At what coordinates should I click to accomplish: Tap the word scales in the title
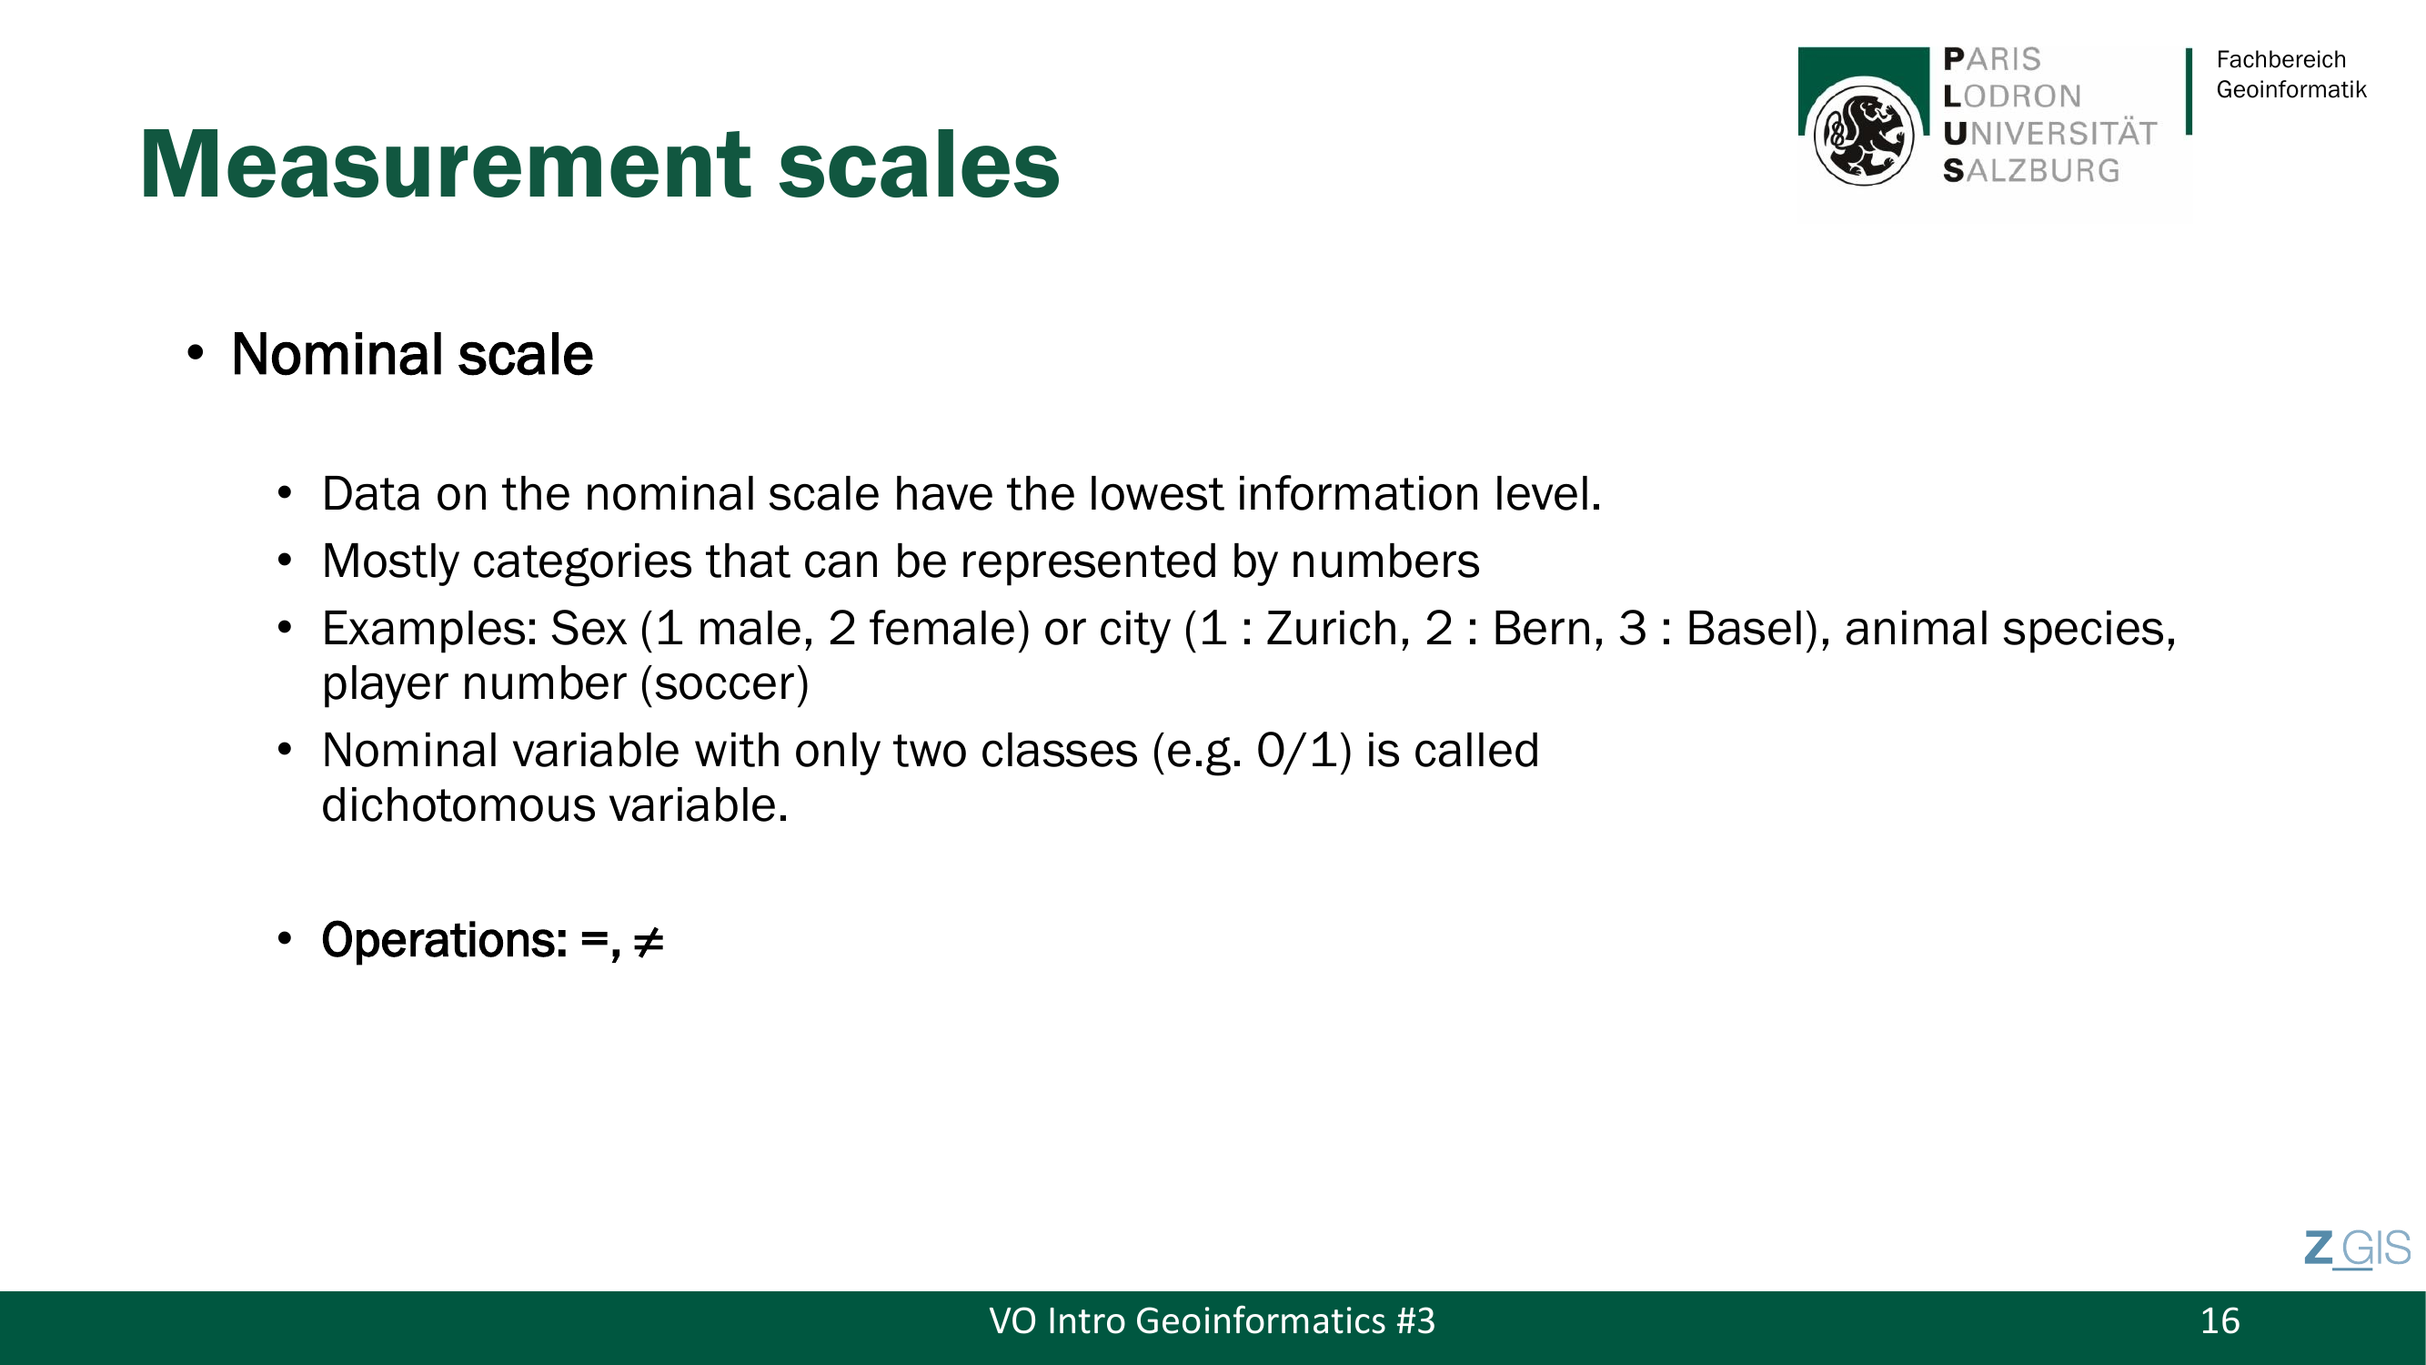[919, 166]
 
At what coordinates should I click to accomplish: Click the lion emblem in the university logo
[1863, 132]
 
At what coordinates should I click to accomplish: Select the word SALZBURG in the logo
[2030, 170]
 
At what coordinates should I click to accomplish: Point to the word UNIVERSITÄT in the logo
[2049, 133]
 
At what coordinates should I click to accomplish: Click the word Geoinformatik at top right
[2290, 89]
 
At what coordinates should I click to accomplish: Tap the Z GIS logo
[2357, 1249]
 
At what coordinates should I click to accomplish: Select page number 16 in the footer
[2220, 1320]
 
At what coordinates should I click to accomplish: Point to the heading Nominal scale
[411, 354]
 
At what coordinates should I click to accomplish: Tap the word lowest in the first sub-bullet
[1155, 493]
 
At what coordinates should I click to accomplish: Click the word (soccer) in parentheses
[724, 683]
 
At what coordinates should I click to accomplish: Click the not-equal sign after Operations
[648, 941]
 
